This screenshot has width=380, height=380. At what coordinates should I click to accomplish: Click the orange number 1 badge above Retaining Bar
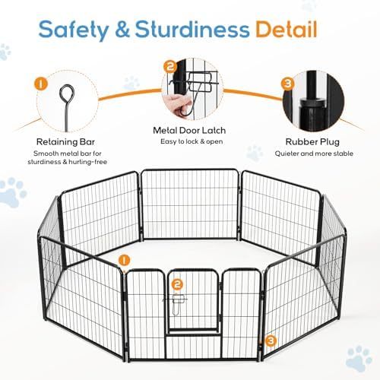pos(40,81)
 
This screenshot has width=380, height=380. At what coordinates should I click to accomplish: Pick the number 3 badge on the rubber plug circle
pos(287,82)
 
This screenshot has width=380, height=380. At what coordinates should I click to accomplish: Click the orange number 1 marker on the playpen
pos(123,261)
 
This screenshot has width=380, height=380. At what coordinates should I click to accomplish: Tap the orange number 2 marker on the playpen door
pos(178,284)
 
